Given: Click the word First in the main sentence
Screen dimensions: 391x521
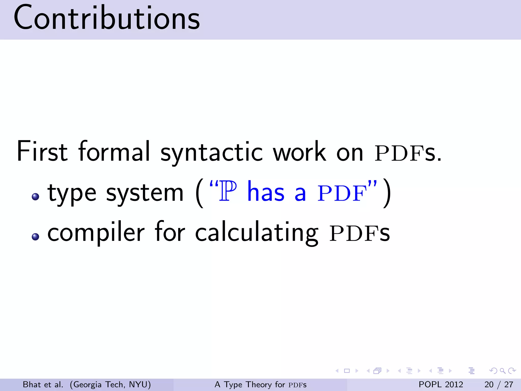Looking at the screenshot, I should tap(42, 151).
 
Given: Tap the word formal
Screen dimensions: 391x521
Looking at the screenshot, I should tap(114, 151).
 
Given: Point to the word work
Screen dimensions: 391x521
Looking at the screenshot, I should tap(299, 151).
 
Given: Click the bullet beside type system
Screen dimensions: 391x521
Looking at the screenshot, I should tap(35, 196).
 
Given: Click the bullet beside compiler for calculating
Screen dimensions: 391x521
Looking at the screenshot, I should tap(35, 236).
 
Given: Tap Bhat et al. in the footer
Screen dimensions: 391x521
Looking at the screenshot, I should tap(43, 384).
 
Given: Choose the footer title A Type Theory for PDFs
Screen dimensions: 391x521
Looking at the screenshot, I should tap(260, 384).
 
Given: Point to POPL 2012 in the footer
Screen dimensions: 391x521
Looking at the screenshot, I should tap(441, 384).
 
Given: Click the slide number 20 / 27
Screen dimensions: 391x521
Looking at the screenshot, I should tap(499, 384).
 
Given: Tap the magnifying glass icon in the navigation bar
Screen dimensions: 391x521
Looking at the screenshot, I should tap(502, 371).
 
